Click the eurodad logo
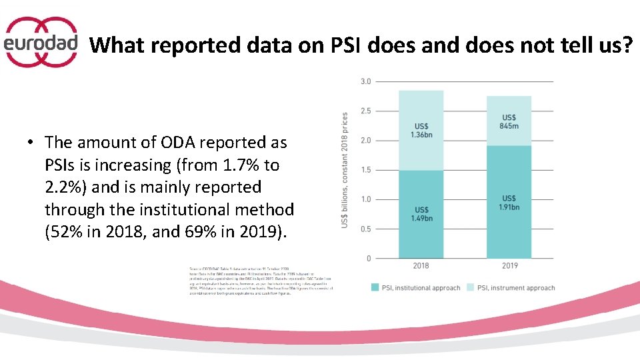pyautogui.click(x=41, y=43)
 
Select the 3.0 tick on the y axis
pyautogui.click(x=365, y=81)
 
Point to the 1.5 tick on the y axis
pyautogui.click(x=365, y=170)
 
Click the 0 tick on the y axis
pyautogui.click(x=369, y=259)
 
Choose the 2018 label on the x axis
pyautogui.click(x=421, y=266)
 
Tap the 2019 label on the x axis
pyautogui.click(x=509, y=266)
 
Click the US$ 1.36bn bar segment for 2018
pyautogui.click(x=421, y=130)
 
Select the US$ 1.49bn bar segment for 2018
pyautogui.click(x=421, y=214)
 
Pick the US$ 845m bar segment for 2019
pyautogui.click(x=509, y=121)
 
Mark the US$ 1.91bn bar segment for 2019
pyautogui.click(x=509, y=202)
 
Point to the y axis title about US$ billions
pyautogui.click(x=345, y=169)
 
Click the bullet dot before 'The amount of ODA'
pyautogui.click(x=31, y=143)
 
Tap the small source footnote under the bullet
pyautogui.click(x=261, y=281)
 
